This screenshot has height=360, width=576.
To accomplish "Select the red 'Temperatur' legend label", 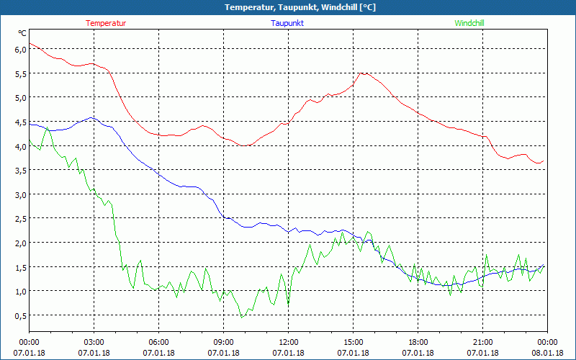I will pos(106,23).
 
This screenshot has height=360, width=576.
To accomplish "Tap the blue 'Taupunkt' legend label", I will pos(287,23).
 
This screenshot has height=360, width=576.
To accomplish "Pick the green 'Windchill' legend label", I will pos(469,23).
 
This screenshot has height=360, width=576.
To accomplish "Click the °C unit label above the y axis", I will pos(22,33).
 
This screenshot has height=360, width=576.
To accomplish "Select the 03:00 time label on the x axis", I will pos(94,342).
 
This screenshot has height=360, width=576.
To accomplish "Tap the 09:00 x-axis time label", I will pos(224,342).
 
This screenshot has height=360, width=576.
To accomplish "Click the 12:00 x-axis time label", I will pos(289,342).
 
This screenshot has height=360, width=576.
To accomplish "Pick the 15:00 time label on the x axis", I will pos(354,342).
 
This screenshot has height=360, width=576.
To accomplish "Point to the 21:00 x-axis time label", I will pos(483,342).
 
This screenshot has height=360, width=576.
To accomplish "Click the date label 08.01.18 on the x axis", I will pos(548,353).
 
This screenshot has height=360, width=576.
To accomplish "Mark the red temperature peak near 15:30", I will pos(364,73).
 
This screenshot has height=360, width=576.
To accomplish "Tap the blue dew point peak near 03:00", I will pos(91,117).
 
